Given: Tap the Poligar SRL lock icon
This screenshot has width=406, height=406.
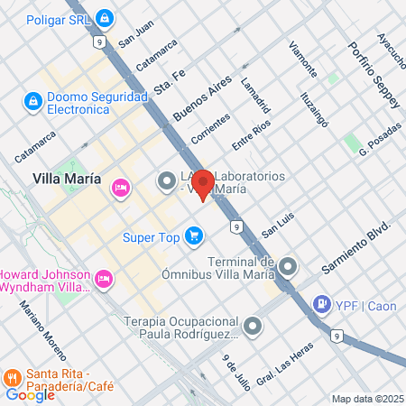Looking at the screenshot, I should point(105,17).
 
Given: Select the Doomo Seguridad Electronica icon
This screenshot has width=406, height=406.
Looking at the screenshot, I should point(33,101).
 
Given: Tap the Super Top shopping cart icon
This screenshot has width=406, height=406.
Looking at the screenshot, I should point(193,236).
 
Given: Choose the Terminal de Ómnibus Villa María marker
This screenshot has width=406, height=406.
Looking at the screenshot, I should point(288,266).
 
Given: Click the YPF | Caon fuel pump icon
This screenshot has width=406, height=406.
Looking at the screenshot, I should point(319,305).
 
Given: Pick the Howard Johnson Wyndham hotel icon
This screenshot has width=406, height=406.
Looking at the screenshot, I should point(104,278).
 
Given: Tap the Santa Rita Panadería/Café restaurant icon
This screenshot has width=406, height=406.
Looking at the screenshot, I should point(14,376).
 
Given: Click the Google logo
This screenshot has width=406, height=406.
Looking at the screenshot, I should point(30,394).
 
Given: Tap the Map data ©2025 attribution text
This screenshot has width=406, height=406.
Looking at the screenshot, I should point(365,398).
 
